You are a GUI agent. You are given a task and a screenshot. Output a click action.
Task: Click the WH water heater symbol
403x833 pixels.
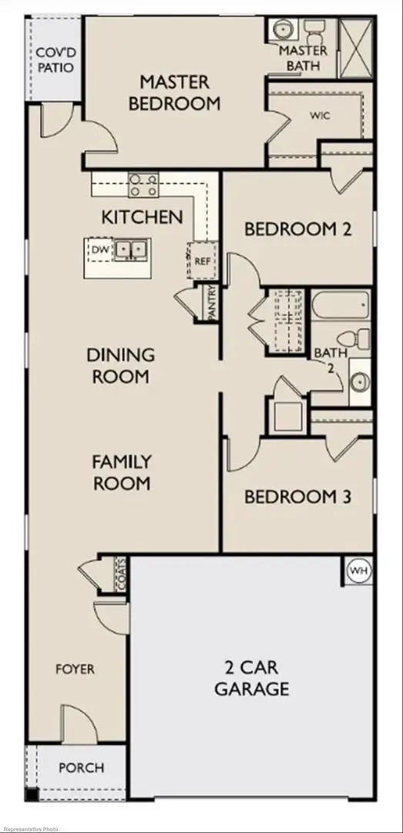coord(358,572)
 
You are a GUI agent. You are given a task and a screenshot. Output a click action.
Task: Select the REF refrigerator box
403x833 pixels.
coord(202,261)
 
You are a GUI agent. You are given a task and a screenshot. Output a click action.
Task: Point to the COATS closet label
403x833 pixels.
coord(120,575)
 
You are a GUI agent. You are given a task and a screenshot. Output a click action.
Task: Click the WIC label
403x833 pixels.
coord(320,116)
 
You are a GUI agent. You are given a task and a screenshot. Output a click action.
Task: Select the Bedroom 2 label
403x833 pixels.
coord(298,229)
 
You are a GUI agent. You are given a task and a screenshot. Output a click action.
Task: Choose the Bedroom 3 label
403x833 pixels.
coord(297,497)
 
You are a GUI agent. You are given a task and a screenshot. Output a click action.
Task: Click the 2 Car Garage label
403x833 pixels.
coord(252,678)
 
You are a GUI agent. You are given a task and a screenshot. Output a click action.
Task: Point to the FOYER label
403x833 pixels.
coord(76,669)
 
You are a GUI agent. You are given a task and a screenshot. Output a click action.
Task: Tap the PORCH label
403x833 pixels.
coord(81,767)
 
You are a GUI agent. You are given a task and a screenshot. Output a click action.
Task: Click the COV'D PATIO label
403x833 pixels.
coord(55,59)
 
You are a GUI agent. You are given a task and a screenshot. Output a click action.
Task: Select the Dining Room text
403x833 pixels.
coord(120,366)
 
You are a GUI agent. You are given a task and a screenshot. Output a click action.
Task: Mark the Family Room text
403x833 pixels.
coord(121,473)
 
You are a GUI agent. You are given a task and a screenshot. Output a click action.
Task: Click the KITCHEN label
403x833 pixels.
coord(143,217)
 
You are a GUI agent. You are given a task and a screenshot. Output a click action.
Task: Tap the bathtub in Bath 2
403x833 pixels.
coord(342,307)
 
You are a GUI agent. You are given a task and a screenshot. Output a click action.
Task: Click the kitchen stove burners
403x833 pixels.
coord(143,185)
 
